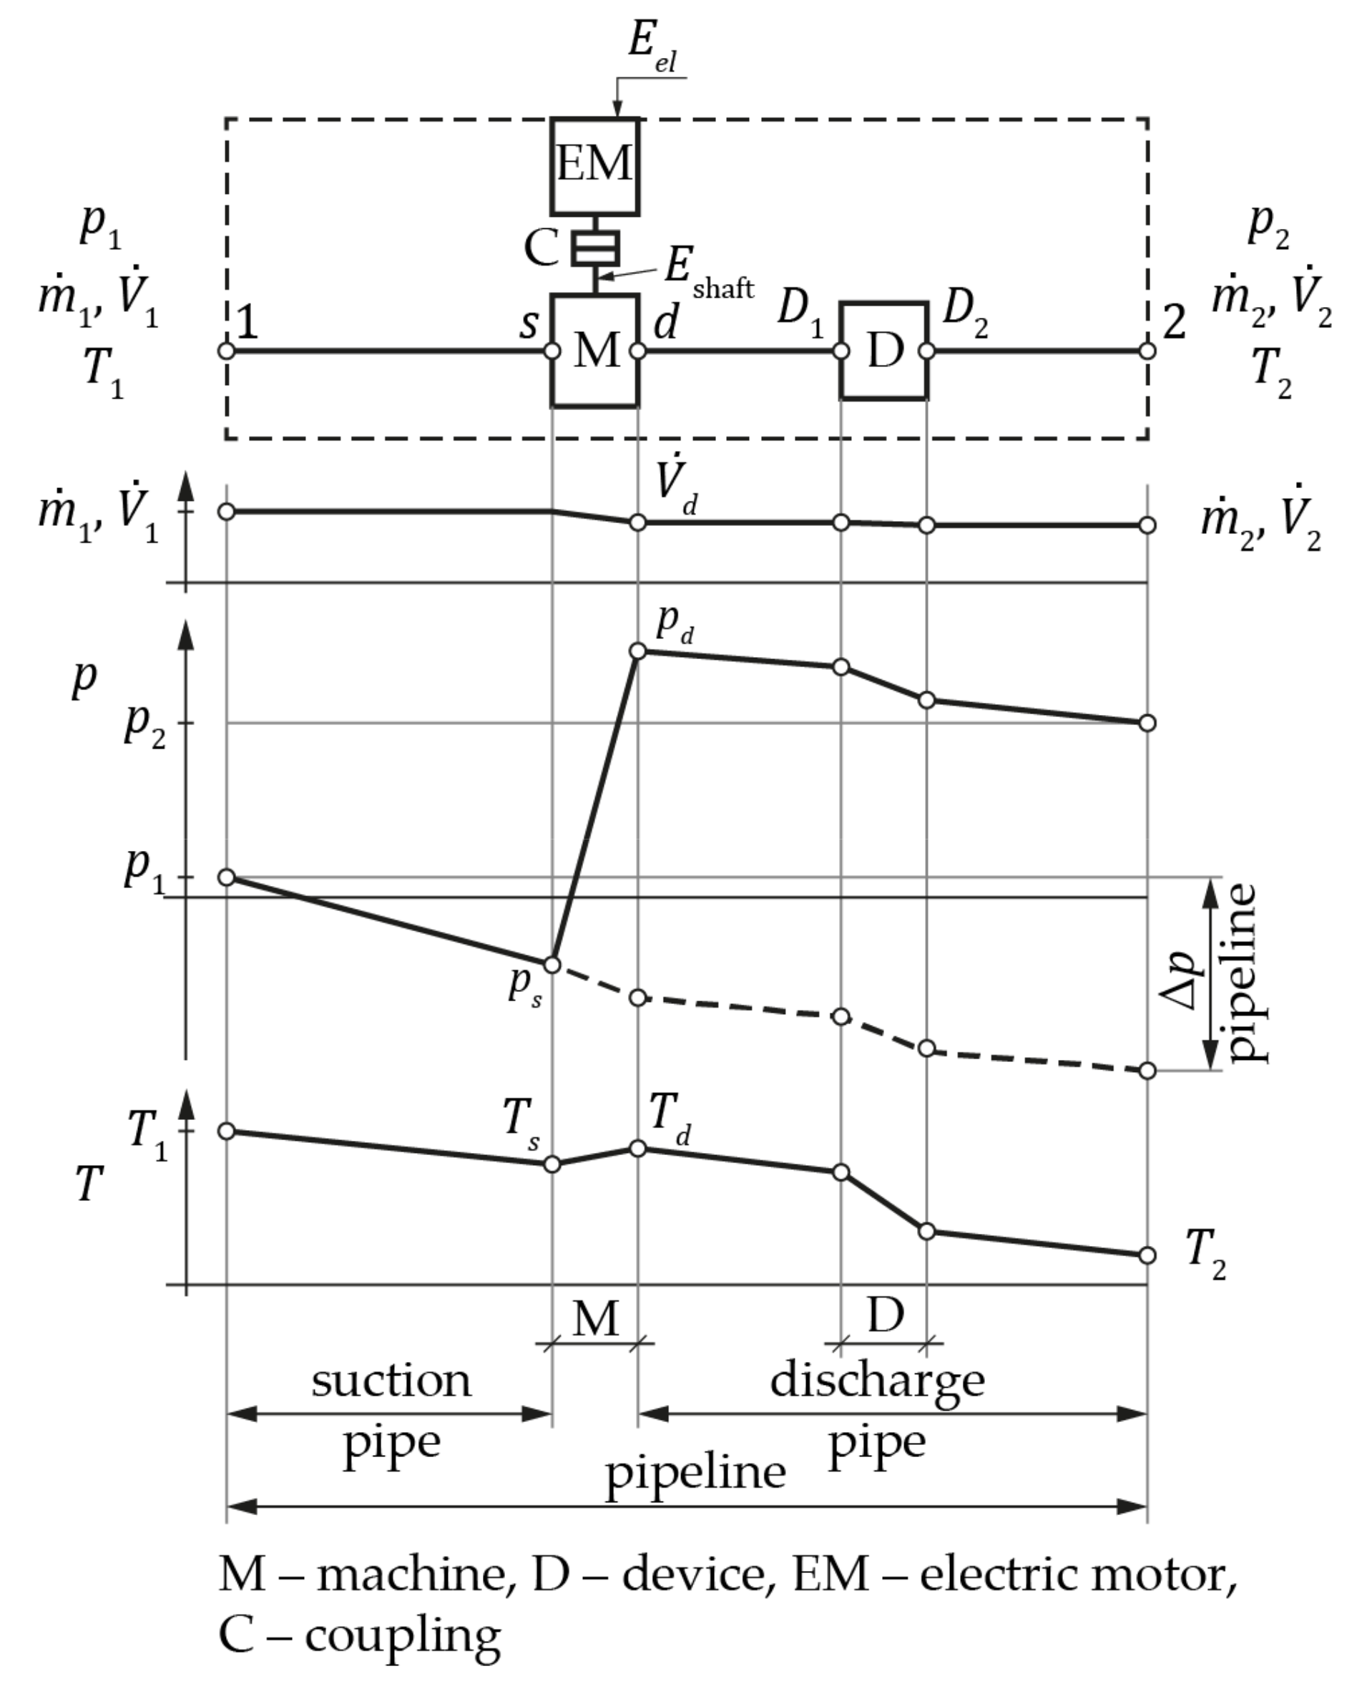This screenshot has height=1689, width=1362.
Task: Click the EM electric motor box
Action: click(594, 165)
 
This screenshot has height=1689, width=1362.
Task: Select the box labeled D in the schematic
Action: click(883, 351)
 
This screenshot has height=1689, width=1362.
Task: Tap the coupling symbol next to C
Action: click(595, 248)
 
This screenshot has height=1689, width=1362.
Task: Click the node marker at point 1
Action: click(226, 351)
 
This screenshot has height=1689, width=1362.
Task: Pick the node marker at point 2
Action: click(1147, 351)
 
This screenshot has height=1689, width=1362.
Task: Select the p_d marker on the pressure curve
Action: click(638, 651)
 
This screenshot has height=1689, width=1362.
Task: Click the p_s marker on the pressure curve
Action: click(552, 965)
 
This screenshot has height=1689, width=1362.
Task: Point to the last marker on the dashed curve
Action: click(1147, 1071)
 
